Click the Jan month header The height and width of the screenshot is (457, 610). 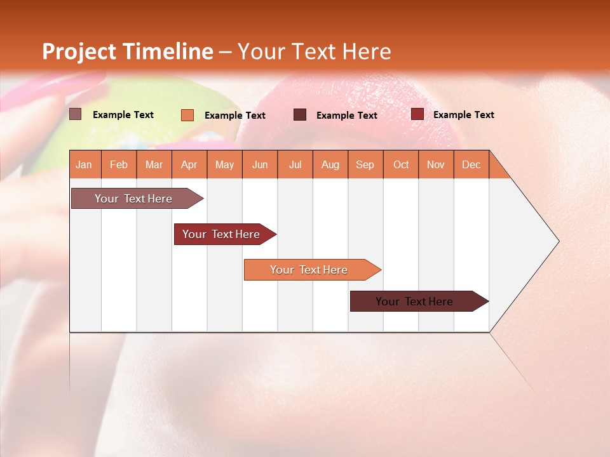[x=85, y=164]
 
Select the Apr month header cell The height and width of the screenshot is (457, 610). [x=189, y=164]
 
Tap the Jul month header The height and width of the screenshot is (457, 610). [x=295, y=164]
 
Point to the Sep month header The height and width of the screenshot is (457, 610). [x=365, y=164]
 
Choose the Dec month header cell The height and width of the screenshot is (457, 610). [x=471, y=164]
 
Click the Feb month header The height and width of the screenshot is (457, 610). [x=119, y=164]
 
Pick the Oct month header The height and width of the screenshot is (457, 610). [x=401, y=164]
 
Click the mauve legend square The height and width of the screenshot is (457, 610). [x=75, y=114]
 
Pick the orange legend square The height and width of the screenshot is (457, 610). [x=187, y=115]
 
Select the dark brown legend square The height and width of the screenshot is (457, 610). [x=299, y=114]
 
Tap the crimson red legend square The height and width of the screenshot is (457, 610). [x=417, y=114]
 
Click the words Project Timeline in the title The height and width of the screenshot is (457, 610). [x=128, y=51]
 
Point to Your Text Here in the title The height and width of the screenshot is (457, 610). [x=314, y=51]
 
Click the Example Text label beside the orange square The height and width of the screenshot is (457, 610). [x=234, y=116]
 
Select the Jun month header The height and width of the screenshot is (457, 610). [x=260, y=164]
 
